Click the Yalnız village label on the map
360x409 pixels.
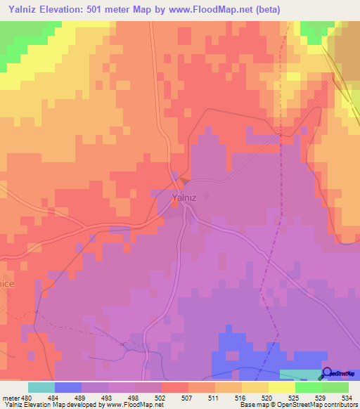point(184,198)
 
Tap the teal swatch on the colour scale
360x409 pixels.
point(41,387)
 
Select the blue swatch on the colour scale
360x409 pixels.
point(68,387)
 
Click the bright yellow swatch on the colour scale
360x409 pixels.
point(282,387)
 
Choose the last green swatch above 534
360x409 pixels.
point(335,387)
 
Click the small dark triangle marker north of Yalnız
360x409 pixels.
point(184,180)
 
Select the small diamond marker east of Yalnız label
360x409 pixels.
point(207,197)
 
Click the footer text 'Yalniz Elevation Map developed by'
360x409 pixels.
point(49,405)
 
